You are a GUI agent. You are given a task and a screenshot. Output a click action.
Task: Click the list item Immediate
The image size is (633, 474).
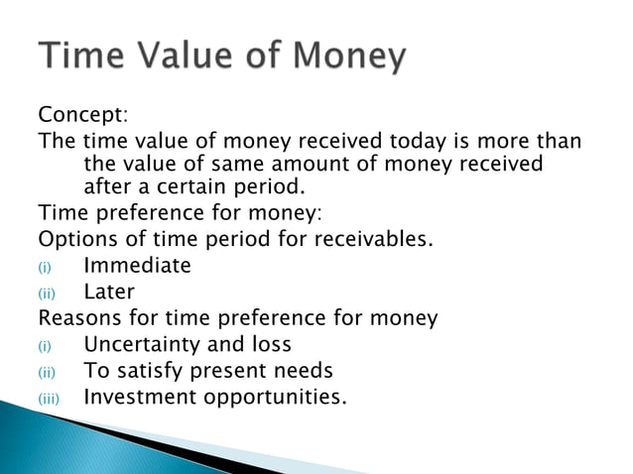(137, 266)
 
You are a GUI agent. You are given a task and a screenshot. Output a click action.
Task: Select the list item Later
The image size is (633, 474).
(108, 293)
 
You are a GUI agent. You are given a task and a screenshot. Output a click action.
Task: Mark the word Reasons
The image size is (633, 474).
(75, 318)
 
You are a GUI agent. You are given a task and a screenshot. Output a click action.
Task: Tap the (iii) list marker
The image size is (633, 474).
(51, 400)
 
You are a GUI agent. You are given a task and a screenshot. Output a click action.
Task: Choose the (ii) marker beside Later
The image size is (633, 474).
(47, 295)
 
